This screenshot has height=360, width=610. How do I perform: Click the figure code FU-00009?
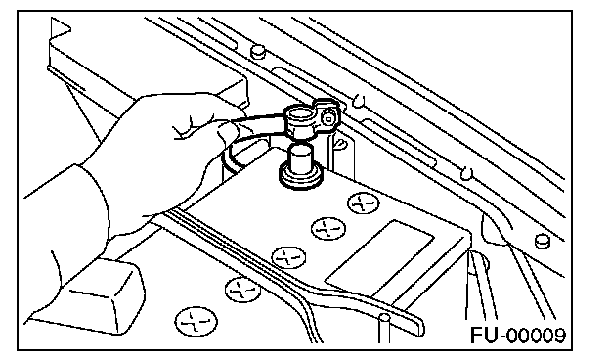518,336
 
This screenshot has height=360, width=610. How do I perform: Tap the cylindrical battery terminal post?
300,157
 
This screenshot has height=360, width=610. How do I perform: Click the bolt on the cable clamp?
328,118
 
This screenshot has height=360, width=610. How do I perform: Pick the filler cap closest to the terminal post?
363,203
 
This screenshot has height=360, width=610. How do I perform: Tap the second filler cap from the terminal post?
328,229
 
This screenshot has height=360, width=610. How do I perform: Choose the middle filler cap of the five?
288,257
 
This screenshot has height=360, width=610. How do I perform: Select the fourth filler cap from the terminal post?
243,290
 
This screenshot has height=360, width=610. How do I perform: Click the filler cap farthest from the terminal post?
196,322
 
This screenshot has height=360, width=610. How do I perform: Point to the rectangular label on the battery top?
379,259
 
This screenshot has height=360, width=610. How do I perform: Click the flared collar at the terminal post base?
301,178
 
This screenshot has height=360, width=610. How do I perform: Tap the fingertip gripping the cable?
227,133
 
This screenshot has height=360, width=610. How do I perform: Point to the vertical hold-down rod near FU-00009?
384,328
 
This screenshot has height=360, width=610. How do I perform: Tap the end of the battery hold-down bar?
418,326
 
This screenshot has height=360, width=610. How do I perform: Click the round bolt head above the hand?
257,52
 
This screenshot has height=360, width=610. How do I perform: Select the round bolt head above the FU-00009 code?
542,242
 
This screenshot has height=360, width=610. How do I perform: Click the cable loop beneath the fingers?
234,159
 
